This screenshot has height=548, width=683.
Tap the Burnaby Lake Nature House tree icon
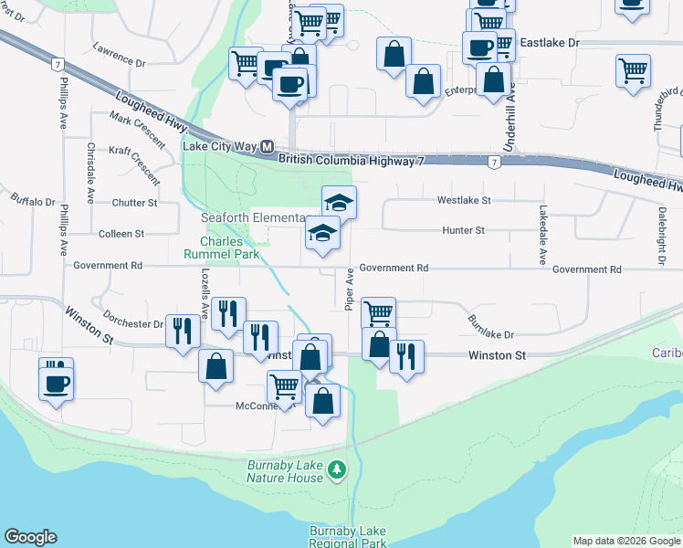click(x=338, y=469)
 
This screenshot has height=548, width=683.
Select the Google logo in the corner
click(x=30, y=537)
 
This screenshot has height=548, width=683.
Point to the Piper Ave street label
click(x=349, y=290)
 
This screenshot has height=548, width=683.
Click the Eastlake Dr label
click(x=550, y=43)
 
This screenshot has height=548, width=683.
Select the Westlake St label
click(x=464, y=199)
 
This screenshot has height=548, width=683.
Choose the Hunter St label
click(x=463, y=231)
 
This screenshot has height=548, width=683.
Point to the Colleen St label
click(x=121, y=234)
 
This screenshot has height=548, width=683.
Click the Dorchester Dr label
click(x=132, y=322)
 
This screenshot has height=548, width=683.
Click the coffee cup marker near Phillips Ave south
click(x=56, y=379)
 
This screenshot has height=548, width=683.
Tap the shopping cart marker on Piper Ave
click(x=378, y=313)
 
